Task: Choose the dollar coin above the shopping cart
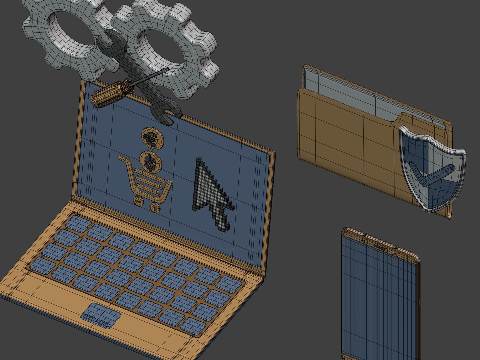point(151,161)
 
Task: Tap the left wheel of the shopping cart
point(138,201)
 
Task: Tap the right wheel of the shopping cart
point(155,207)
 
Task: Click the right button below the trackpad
point(103,323)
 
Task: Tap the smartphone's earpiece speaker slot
point(379,247)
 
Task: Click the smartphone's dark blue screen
point(378,300)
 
